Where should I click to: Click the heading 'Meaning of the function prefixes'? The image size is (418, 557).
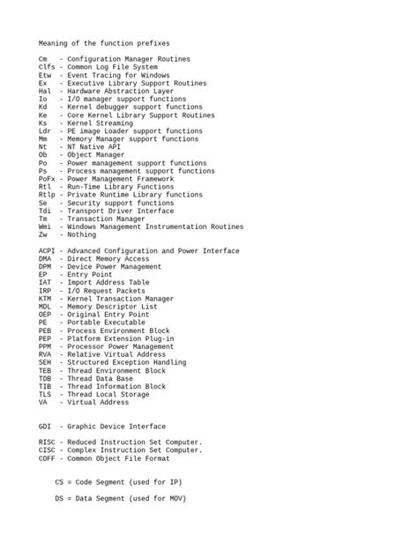tap(104, 42)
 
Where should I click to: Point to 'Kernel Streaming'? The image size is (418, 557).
tap(100, 123)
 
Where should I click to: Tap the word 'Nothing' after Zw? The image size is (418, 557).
tap(82, 235)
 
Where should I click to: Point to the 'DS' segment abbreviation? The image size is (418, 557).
tap(59, 498)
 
